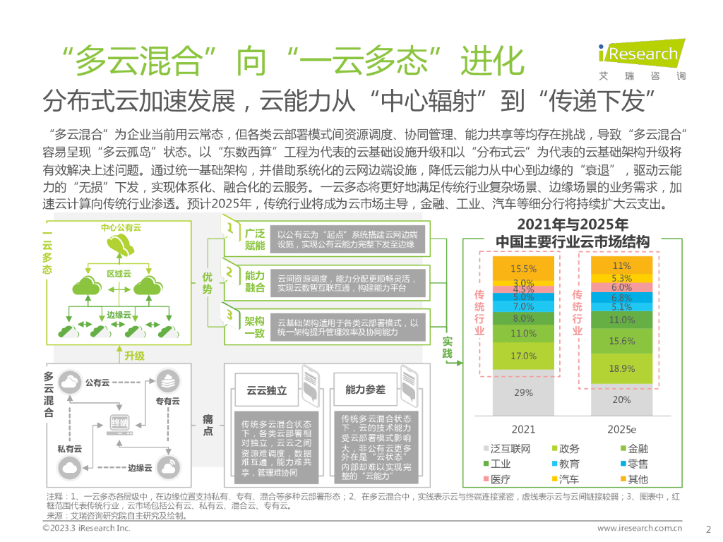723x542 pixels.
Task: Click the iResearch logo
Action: coord(638,61)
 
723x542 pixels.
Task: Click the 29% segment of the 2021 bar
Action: coord(523,393)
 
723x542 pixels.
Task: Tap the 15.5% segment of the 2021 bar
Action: coord(523,269)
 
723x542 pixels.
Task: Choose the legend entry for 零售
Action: coord(632,464)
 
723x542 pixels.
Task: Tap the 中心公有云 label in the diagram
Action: coord(121,228)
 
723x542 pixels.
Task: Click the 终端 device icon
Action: coord(121,422)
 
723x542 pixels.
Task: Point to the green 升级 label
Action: coord(134,356)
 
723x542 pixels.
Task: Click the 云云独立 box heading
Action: coord(266,390)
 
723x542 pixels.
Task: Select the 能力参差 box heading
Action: coord(365,390)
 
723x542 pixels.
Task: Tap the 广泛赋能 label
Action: coord(254,239)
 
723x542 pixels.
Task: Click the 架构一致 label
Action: coord(254,327)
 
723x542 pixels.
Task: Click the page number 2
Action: coord(708,528)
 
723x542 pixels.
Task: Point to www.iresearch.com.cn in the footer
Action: coord(639,528)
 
